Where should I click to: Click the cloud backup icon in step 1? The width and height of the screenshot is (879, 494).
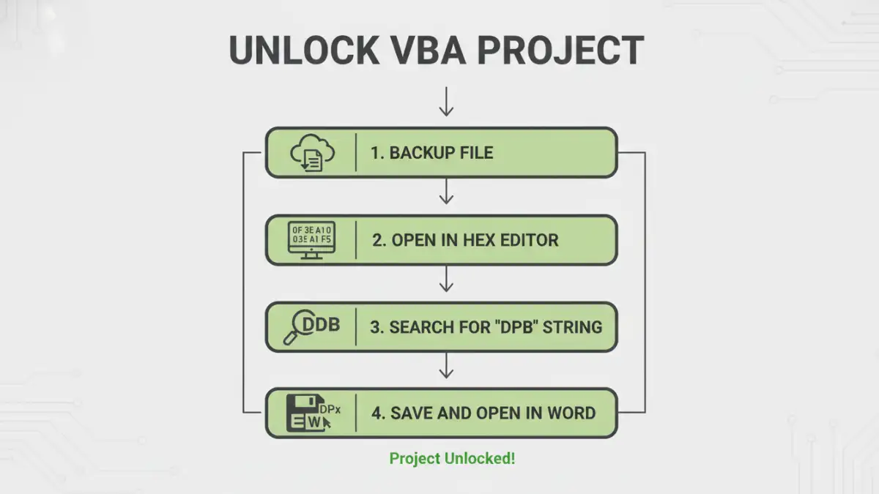pyautogui.click(x=312, y=153)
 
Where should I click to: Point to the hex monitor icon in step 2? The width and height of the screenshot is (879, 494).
pyautogui.click(x=311, y=239)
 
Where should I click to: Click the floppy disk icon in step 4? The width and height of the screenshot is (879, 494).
pyautogui.click(x=302, y=413)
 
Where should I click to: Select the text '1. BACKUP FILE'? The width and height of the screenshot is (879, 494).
pyautogui.click(x=431, y=153)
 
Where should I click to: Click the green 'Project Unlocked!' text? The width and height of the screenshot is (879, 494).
pyautogui.click(x=452, y=459)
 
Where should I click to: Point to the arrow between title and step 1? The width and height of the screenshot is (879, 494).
pyautogui.click(x=446, y=102)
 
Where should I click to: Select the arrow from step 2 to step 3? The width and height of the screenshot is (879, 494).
pyautogui.click(x=446, y=280)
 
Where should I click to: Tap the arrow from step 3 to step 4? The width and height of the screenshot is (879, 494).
pyautogui.click(x=446, y=366)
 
